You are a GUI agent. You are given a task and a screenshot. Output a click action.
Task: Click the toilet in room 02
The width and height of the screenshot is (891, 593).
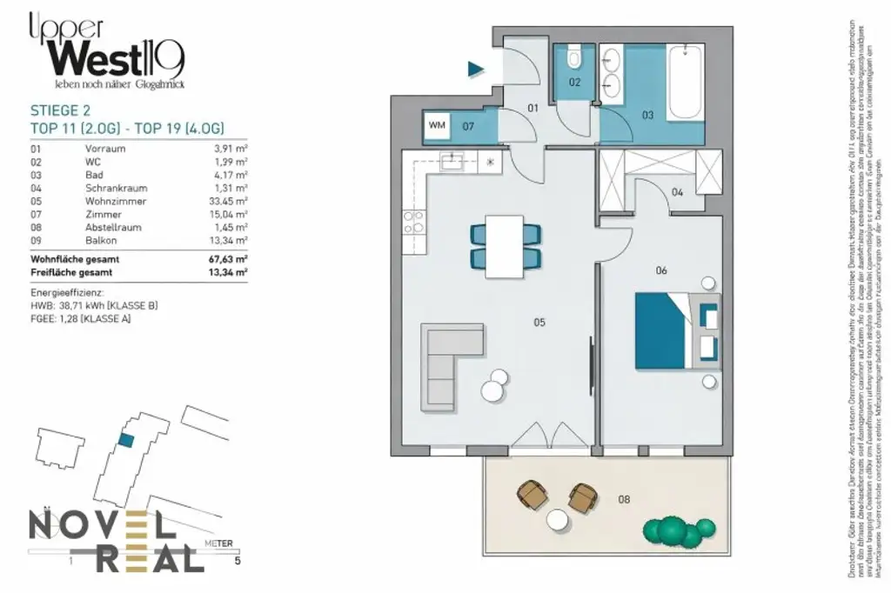tap(573, 59)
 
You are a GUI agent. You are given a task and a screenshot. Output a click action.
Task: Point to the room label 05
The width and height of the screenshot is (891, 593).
tap(539, 323)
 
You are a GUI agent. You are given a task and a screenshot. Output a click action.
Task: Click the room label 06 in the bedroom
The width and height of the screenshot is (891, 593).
tap(661, 270)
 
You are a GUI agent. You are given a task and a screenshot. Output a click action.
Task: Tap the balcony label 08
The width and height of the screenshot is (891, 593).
tap(624, 499)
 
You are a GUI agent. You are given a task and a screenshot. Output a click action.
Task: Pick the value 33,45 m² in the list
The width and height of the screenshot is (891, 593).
tap(230, 201)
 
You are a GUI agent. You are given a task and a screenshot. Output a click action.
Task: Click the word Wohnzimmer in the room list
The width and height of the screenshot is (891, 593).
tap(116, 201)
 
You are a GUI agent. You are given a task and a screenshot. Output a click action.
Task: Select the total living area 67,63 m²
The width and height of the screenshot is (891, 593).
tap(229, 259)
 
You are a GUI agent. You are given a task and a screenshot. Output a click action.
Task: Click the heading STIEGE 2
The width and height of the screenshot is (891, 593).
tap(60, 110)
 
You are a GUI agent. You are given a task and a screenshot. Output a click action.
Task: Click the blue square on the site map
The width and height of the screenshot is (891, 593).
tap(126, 441)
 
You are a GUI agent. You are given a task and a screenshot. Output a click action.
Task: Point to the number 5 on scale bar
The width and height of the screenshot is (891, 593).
tap(237, 561)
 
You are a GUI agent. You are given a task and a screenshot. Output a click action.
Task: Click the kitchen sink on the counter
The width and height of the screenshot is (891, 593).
tap(452, 161)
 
